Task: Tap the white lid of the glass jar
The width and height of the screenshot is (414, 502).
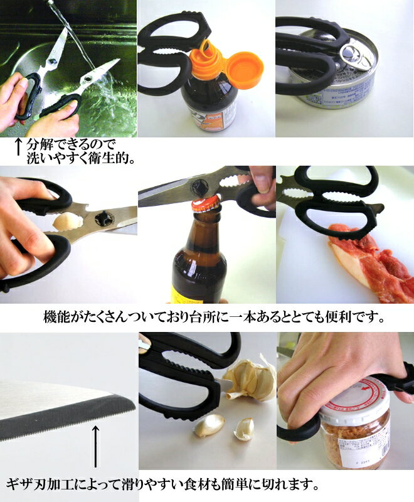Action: [x=355, y=400]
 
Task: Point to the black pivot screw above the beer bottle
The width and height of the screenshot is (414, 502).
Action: [x=198, y=186]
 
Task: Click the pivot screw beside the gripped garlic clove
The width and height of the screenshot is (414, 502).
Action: [x=104, y=219]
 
